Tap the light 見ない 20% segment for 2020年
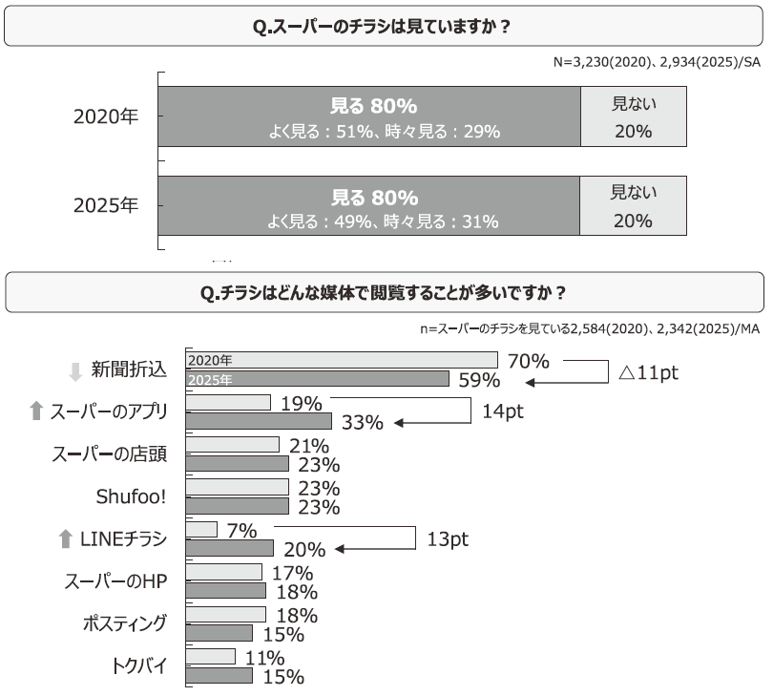click(633, 116)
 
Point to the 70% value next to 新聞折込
click(529, 362)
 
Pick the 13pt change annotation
click(447, 539)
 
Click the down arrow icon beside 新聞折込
click(75, 370)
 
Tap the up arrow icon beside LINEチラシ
click(65, 539)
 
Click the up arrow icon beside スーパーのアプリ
click(36, 411)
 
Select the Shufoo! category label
click(132, 496)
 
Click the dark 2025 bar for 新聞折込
click(316, 379)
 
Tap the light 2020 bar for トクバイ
click(209, 657)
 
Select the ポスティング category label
click(125, 624)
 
